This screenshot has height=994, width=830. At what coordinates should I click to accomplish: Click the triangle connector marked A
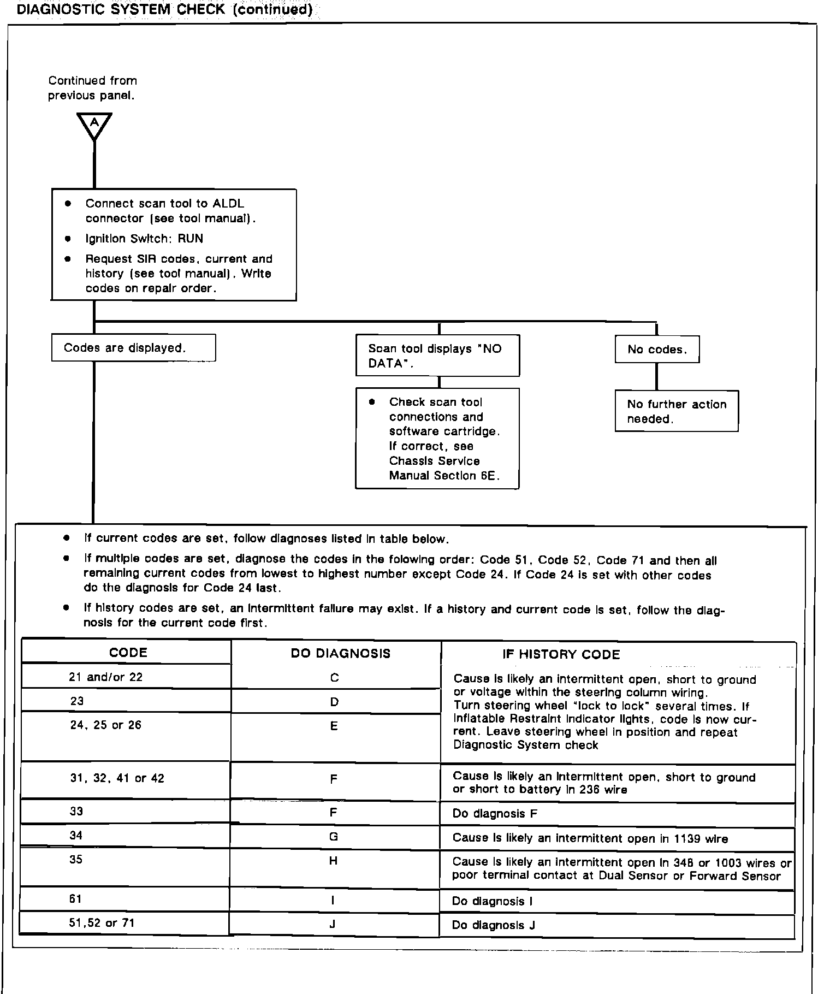pos(94,125)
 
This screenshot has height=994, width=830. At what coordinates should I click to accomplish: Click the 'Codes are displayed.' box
pos(133,348)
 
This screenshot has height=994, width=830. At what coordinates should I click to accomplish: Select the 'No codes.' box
pos(657,350)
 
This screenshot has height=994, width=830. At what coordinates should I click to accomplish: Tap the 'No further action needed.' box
pos(677,411)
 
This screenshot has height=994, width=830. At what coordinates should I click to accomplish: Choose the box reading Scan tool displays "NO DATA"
pos(437,356)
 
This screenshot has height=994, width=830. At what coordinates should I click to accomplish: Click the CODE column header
pos(128,653)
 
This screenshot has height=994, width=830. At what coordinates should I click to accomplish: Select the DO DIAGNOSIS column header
pos(341,653)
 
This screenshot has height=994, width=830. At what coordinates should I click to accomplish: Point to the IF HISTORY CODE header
pos(561,654)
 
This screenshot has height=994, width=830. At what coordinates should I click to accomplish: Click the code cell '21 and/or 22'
pos(106,677)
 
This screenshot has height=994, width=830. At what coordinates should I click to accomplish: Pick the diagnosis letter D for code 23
pos(334,702)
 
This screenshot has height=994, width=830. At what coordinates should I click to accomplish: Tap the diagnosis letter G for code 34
pos(334,837)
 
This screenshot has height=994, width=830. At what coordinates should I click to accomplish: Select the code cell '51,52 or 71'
pos(102,923)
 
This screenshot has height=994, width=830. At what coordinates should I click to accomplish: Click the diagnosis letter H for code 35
pos(334,861)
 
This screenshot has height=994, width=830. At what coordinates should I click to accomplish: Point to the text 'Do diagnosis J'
pos(494,925)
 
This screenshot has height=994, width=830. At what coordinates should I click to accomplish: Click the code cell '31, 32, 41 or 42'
pos(117,778)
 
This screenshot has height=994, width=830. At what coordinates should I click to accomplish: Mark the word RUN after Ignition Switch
pos(191,239)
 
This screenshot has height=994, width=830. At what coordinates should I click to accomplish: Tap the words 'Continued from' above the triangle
pos(93,81)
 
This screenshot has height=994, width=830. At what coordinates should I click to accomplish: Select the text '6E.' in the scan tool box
pos(490,476)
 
